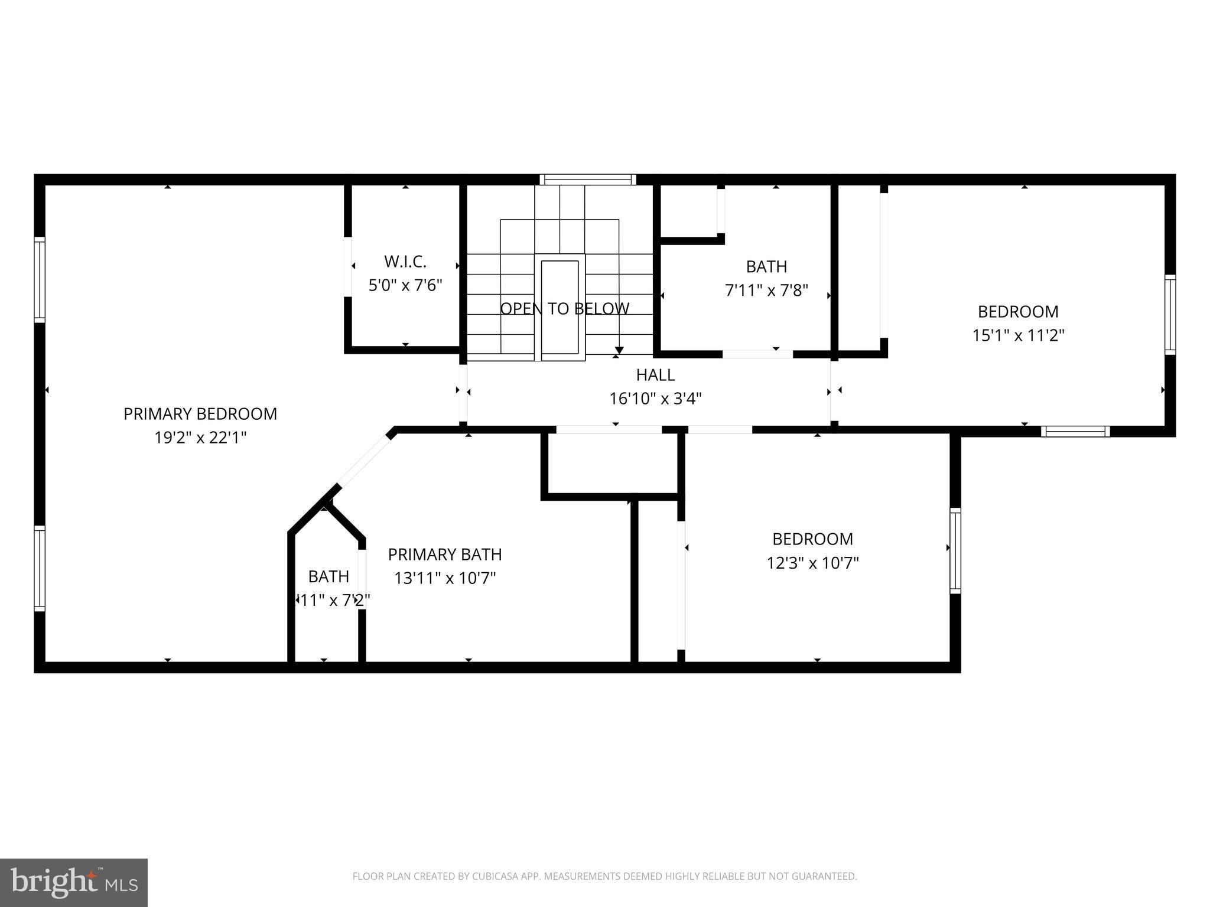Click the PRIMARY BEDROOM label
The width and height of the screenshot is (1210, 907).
[200, 414]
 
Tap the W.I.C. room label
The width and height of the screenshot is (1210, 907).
[405, 262]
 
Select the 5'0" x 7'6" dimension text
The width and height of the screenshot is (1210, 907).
[405, 286]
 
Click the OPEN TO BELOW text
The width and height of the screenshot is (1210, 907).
[565, 309]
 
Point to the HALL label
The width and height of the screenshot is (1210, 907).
[655, 375]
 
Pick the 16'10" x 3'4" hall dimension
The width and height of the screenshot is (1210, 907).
[655, 399]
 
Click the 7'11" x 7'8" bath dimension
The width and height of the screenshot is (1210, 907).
[766, 291]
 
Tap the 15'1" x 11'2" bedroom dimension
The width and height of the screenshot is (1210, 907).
[1018, 335]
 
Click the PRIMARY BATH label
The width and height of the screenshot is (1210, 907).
[445, 554]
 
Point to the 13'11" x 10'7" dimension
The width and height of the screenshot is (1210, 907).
[445, 578]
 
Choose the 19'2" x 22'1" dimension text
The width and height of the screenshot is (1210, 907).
[200, 438]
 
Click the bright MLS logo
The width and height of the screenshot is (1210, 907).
[74, 882]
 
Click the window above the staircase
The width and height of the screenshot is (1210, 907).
[588, 180]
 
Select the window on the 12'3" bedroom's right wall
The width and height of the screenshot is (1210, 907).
[955, 550]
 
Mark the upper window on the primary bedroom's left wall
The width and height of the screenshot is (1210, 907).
[40, 279]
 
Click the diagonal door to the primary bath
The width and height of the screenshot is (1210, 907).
[364, 459]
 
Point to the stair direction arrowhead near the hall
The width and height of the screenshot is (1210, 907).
[619, 350]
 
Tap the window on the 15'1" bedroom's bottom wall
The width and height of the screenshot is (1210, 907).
[1075, 432]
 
